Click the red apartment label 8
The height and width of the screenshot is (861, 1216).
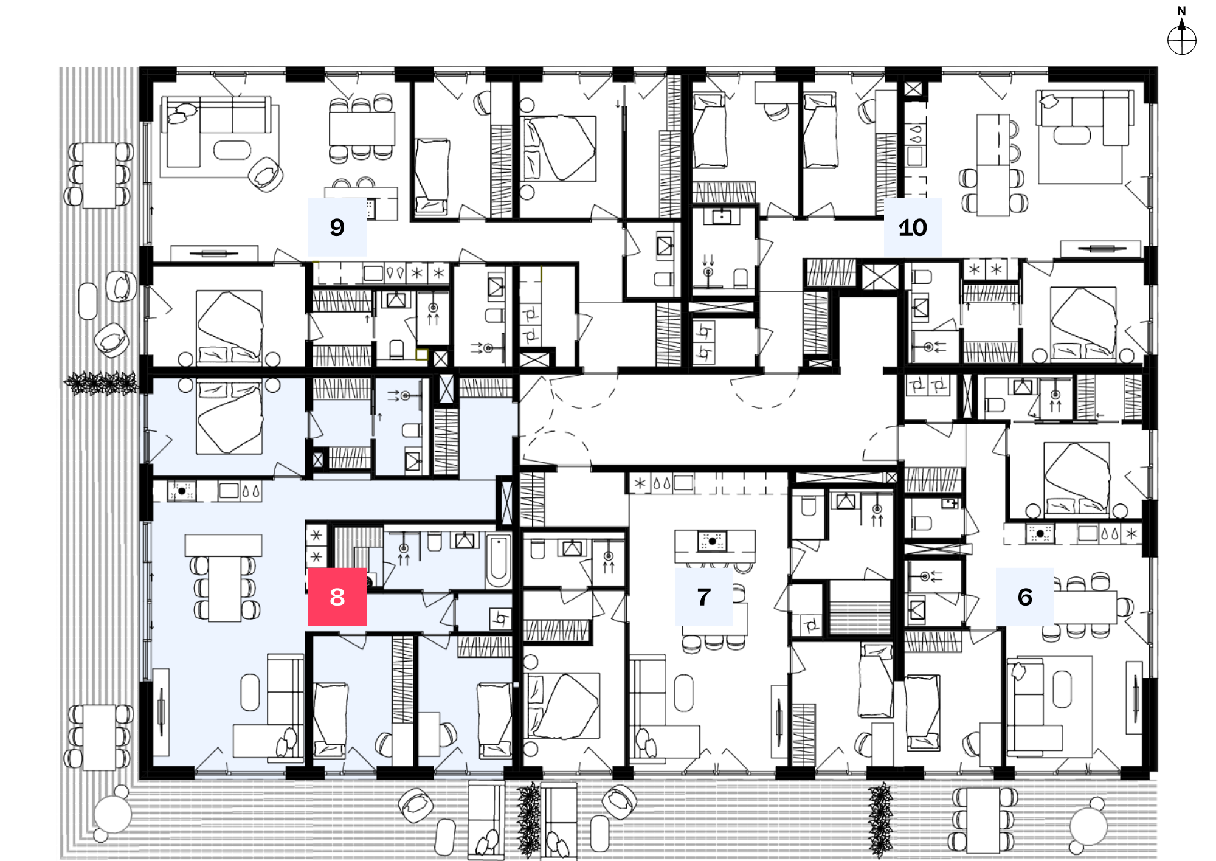point(337,596)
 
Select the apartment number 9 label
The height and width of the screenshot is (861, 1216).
point(337,227)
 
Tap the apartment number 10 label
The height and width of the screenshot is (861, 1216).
point(913,227)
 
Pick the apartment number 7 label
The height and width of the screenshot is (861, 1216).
point(704,596)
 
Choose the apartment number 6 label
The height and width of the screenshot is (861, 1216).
point(1025,596)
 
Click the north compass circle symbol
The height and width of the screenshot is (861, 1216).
point(1182,41)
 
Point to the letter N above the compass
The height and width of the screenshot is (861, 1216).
point(1182,11)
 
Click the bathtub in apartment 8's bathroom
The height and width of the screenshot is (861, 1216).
point(498,559)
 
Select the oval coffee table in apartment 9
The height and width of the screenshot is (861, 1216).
point(232,150)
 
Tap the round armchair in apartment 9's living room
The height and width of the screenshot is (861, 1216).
point(266,175)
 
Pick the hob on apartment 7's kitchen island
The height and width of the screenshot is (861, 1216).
point(712,541)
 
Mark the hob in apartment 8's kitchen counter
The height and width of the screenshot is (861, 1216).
point(182,491)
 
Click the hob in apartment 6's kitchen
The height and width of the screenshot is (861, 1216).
point(1040,534)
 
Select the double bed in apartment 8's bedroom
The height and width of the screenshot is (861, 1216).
point(229,417)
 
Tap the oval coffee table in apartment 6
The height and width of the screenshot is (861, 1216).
point(1062,689)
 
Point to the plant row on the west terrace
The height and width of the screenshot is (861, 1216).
point(102,383)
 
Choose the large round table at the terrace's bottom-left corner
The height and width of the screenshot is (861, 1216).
point(113,814)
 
